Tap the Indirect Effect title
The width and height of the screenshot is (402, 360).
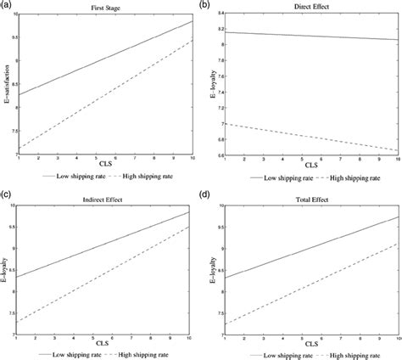104,196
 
